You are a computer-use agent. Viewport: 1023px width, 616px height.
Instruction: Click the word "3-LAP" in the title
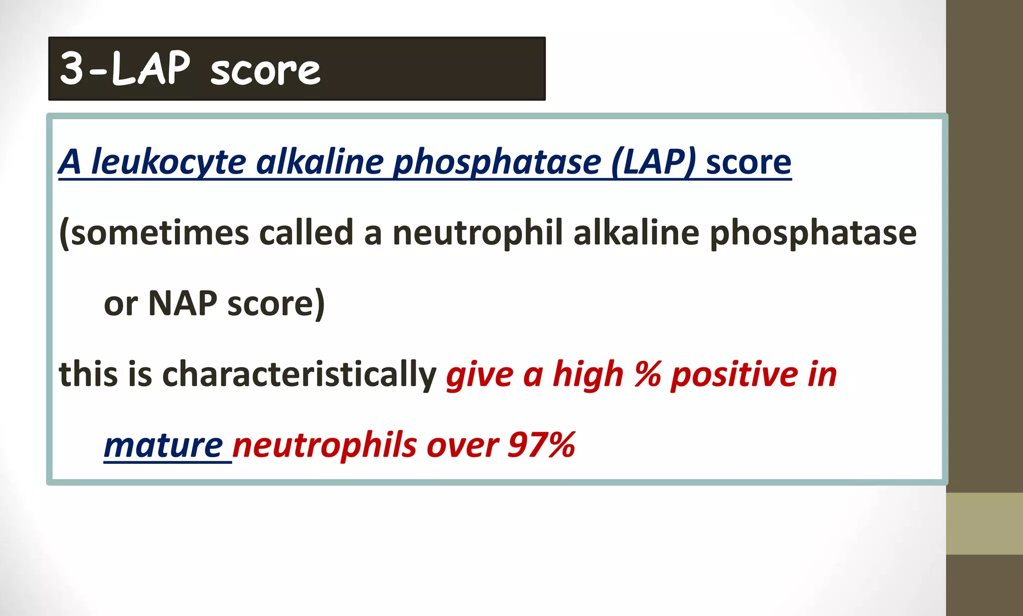point(125,69)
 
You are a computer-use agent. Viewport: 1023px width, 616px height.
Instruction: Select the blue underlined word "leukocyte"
point(169,162)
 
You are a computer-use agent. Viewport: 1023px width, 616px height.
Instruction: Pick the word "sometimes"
point(159,233)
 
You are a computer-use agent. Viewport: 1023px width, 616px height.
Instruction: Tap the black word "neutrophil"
point(478,233)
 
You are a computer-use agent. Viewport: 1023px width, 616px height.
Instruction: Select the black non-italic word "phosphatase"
point(813,233)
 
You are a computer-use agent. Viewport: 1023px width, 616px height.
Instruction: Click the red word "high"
point(588,374)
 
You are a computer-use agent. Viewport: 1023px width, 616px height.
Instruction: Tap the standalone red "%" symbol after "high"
point(647,374)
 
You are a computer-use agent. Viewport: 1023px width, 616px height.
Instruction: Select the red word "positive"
point(734,374)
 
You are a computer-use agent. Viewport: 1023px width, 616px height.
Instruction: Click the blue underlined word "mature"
point(163,445)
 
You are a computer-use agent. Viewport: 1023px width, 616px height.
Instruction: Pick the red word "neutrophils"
point(324,445)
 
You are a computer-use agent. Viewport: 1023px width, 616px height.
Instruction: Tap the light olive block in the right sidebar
point(984,523)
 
